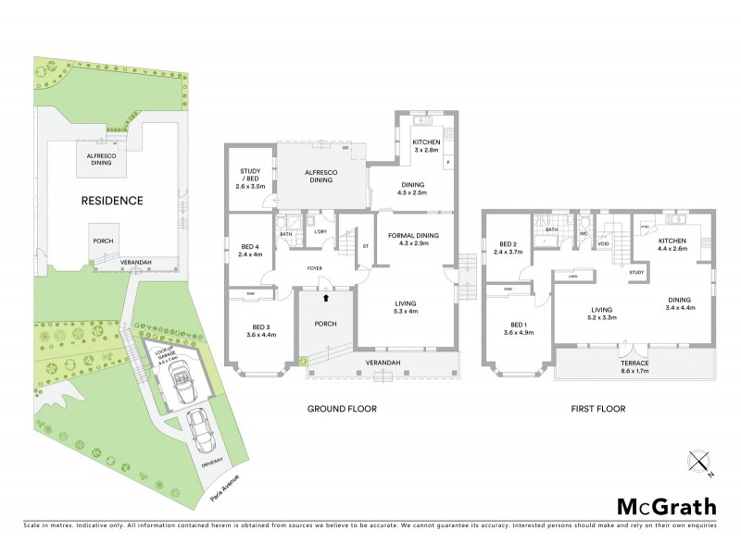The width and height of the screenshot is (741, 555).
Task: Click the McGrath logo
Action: pos(667,506)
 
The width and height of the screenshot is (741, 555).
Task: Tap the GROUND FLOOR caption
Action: pos(343,409)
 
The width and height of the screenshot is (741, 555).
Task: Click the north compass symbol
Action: pos(700,462)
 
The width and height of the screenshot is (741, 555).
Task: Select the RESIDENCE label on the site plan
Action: pos(111,200)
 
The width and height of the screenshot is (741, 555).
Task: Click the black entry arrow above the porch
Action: pos(325,298)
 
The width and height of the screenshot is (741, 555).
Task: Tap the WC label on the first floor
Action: pos(584,233)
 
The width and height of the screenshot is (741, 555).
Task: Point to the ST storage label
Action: pos(366,246)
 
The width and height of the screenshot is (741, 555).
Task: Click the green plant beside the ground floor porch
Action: pos(303,362)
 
